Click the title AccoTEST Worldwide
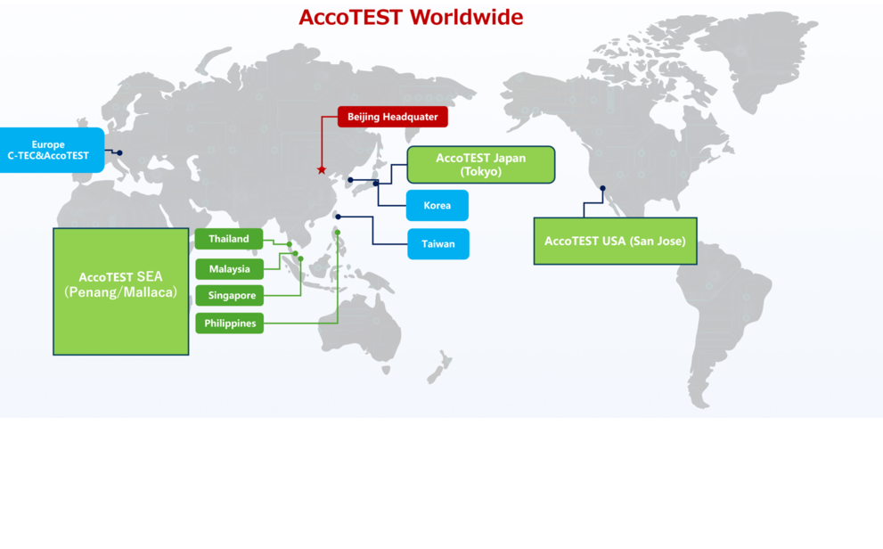click(411, 17)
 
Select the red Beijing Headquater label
click(393, 117)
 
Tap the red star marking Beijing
click(322, 169)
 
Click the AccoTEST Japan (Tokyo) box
click(481, 164)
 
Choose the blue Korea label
click(437, 206)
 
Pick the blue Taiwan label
click(438, 244)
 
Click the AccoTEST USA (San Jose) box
click(615, 241)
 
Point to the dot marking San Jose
click(602, 188)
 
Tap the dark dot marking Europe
click(119, 152)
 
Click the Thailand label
click(229, 239)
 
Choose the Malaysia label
click(229, 269)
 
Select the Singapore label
click(229, 295)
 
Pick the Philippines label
click(229, 324)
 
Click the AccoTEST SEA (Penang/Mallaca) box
click(121, 291)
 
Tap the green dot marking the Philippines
click(338, 233)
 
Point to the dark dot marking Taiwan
click(338, 217)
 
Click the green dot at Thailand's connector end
click(290, 244)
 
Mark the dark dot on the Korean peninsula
click(350, 180)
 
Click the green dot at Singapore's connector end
click(300, 259)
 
